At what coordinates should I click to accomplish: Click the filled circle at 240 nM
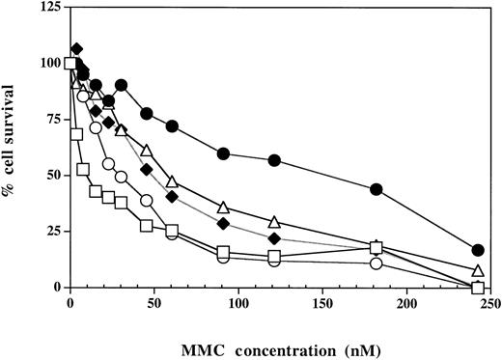tap(478, 250)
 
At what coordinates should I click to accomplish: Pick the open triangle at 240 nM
tap(478, 271)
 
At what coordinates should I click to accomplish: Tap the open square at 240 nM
tap(478, 287)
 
